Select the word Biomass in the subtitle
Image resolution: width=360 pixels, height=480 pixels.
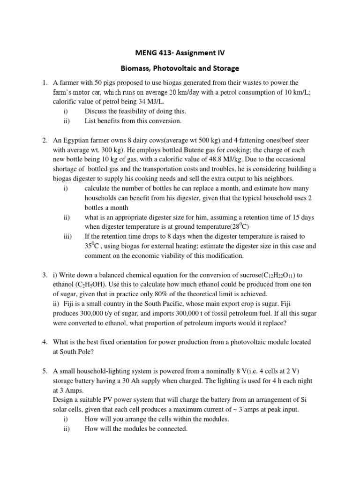click(x=136, y=68)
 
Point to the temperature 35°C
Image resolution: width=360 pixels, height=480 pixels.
click(x=93, y=246)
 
